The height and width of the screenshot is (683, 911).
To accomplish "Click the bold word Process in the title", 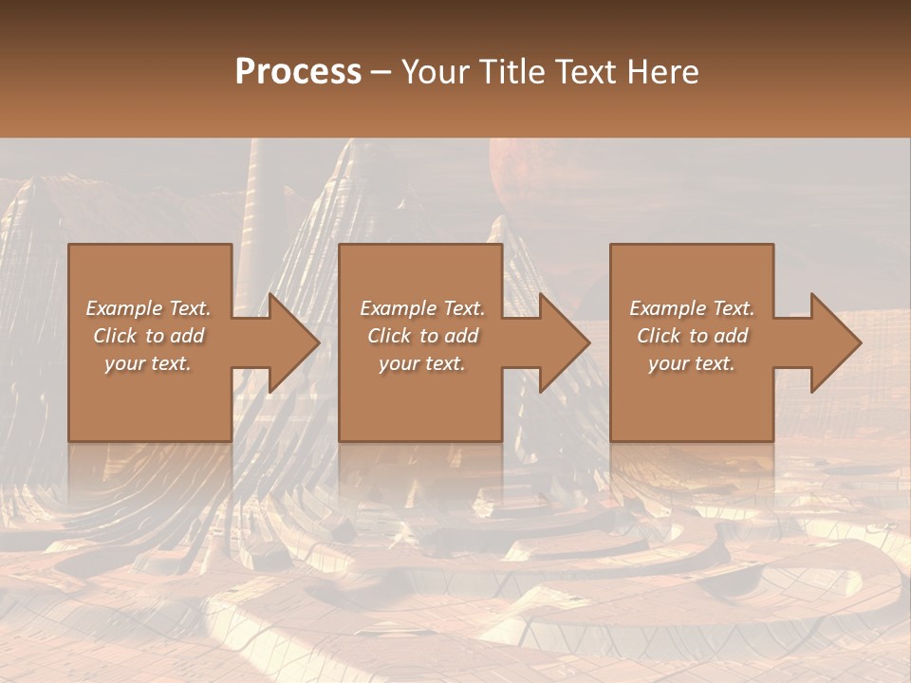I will point(298,72).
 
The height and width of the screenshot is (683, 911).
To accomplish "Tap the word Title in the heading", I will point(510,72).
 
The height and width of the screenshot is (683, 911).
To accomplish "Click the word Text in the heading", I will point(585,72).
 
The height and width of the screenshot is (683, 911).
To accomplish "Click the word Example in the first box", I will point(124,308).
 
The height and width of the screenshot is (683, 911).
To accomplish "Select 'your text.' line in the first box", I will point(148,363).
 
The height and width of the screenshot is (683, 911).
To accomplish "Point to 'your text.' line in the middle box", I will point(422,363).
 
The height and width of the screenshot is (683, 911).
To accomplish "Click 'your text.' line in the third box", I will point(692,363).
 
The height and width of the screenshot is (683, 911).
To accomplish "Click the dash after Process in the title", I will point(381,72).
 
